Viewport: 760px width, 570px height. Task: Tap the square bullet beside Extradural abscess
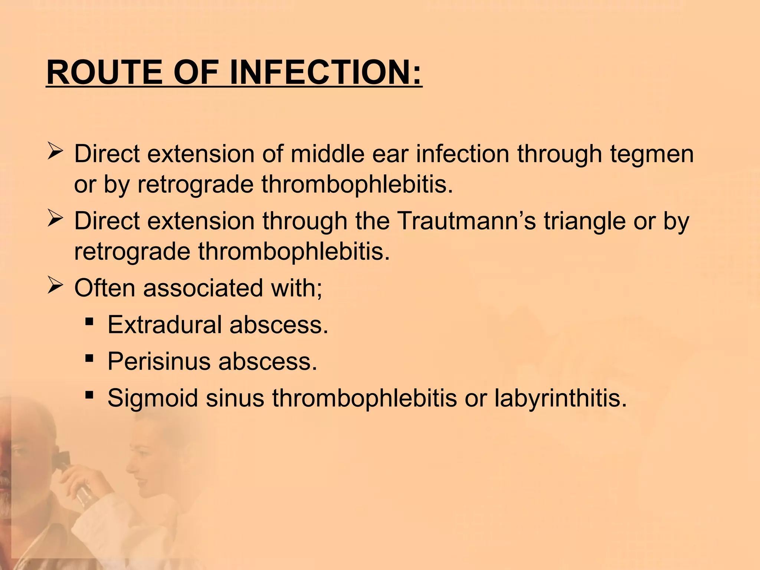click(89, 321)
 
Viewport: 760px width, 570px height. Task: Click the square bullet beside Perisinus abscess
click(89, 358)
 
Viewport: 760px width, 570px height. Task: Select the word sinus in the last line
click(235, 398)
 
